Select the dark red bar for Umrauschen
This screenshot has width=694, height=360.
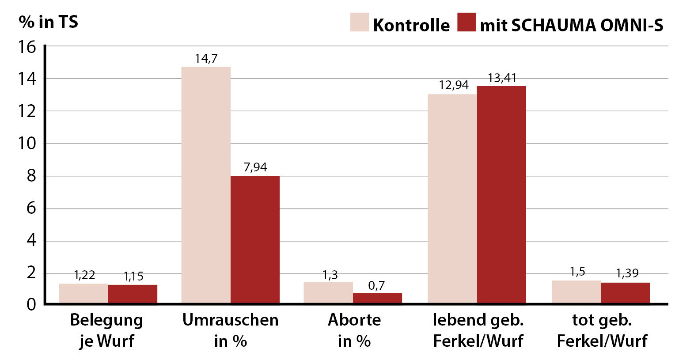pos(255,239)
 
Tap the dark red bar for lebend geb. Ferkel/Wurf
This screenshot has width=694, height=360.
pos(501,194)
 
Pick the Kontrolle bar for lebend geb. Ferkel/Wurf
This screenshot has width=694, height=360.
pos(452,198)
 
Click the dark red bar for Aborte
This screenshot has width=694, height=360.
pos(377,298)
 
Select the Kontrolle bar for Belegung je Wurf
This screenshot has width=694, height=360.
pos(83,293)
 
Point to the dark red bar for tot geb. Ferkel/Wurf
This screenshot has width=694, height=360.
pos(626,293)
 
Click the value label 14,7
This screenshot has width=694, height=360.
pos(206,58)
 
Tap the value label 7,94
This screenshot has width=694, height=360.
pos(255,167)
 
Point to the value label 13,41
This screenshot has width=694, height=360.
pos(502,78)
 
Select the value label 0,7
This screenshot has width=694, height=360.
pos(376,285)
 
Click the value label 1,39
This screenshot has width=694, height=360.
pos(627,273)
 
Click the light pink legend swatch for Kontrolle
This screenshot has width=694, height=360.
pos(359,22)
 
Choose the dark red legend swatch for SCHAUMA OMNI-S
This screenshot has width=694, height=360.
pos(466,22)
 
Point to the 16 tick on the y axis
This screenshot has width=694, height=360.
pos(27,47)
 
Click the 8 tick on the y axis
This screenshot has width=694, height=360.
pos(31,176)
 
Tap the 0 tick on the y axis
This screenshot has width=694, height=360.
pos(31,304)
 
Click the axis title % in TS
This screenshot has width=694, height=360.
pos(48,22)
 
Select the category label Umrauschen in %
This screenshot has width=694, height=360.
pos(230,330)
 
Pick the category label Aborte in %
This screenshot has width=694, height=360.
pos(354,330)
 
